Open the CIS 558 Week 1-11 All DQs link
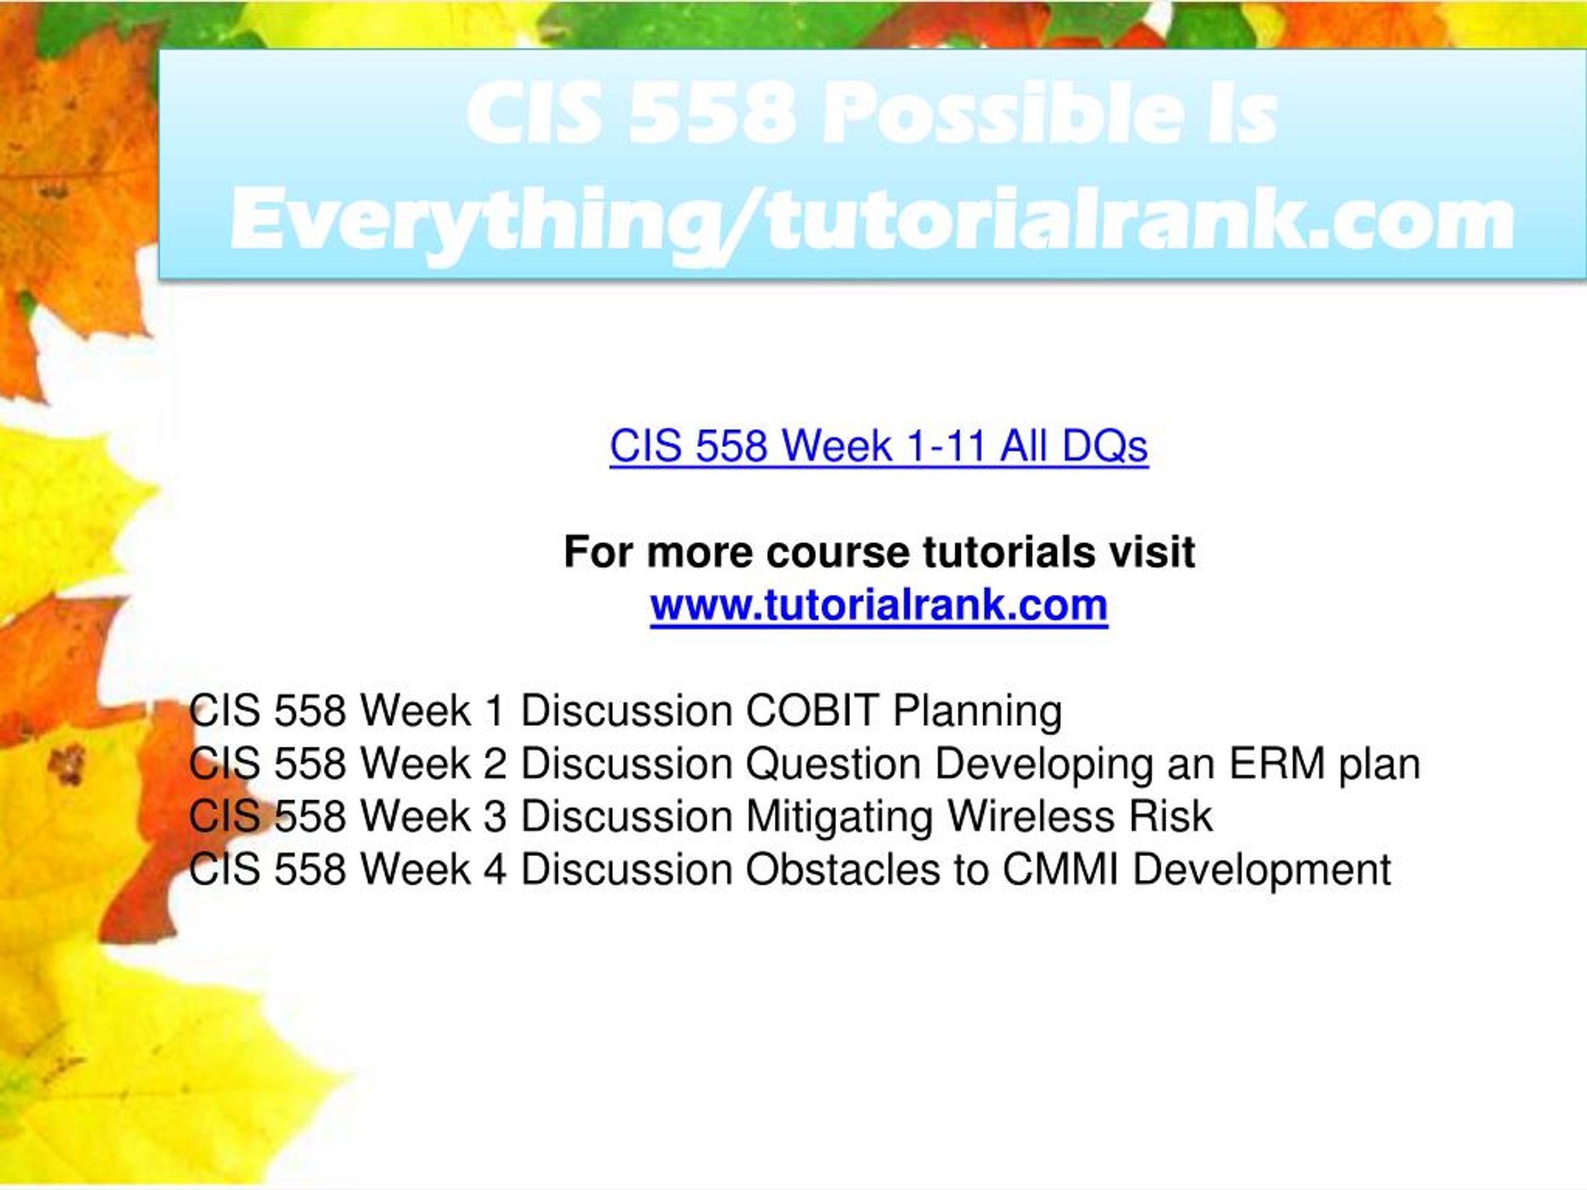point(879,446)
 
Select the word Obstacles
point(842,870)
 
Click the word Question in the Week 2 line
point(834,764)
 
